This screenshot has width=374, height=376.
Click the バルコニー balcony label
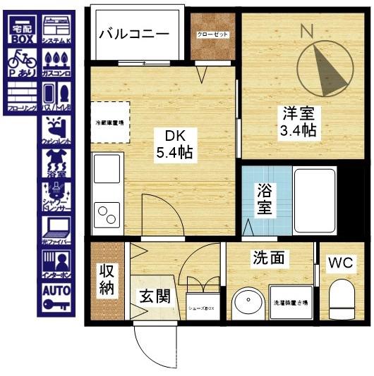click(134, 33)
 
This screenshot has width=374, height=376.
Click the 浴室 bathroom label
click(264, 199)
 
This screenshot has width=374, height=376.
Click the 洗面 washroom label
click(270, 258)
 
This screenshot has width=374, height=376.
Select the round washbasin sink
click(248, 303)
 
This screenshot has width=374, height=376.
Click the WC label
click(342, 263)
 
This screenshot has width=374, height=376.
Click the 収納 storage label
click(107, 280)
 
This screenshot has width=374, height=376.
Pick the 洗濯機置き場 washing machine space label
click(290, 303)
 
